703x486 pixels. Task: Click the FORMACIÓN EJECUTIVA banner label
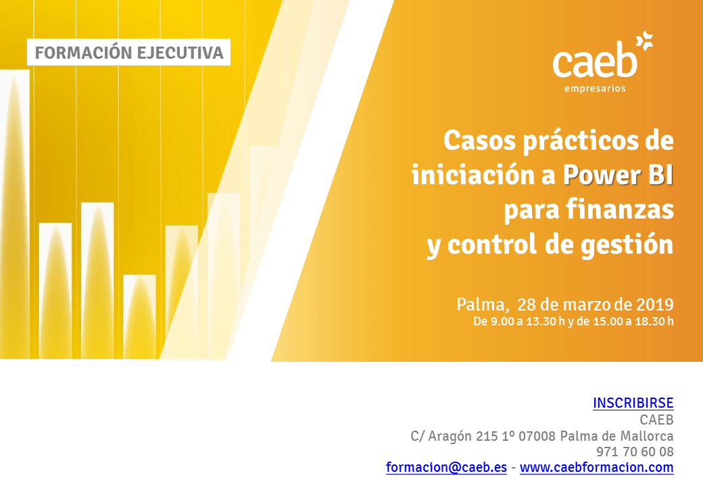pos(128,53)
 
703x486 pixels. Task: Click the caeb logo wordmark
pos(595,61)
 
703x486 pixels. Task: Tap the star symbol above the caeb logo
pos(644,40)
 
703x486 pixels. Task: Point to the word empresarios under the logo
pos(595,88)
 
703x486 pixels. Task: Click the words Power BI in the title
pos(619,175)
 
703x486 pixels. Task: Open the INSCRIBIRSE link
pos(633,403)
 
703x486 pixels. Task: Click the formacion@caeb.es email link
pos(447,467)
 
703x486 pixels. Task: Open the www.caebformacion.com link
pos(597,467)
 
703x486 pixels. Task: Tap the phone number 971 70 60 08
pos(635,452)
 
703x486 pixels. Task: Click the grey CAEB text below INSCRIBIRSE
pos(657,420)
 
